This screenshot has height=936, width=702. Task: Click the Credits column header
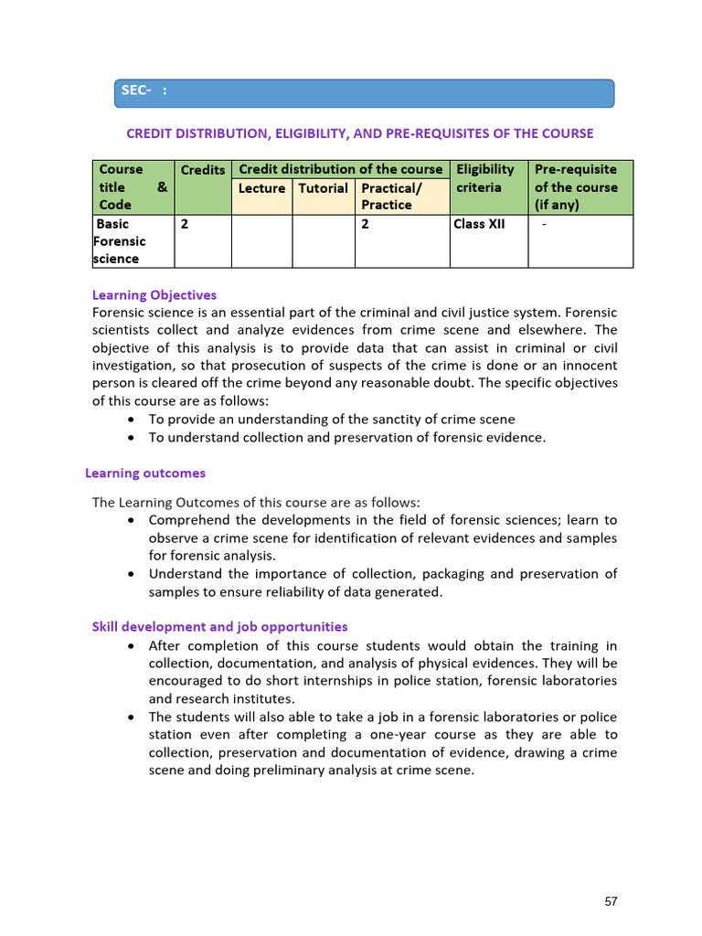pyautogui.click(x=203, y=170)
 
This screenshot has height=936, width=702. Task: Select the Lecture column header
pyautogui.click(x=261, y=188)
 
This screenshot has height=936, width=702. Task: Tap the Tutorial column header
pyautogui.click(x=324, y=188)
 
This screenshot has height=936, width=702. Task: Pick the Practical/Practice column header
pyautogui.click(x=391, y=197)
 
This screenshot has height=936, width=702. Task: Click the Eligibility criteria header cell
pyautogui.click(x=485, y=178)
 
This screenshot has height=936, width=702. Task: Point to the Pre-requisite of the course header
pyautogui.click(x=576, y=187)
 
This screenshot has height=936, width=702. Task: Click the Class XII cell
pyautogui.click(x=479, y=224)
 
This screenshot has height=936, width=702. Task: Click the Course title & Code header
pyautogui.click(x=131, y=187)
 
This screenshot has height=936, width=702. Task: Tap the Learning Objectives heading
pyautogui.click(x=154, y=295)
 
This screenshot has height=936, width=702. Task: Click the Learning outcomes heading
pyautogui.click(x=145, y=473)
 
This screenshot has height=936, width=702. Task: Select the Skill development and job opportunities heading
pyautogui.click(x=219, y=627)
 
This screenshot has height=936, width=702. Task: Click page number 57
pyautogui.click(x=612, y=901)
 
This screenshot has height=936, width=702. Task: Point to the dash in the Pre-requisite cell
pyautogui.click(x=545, y=224)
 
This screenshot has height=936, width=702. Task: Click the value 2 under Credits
pyautogui.click(x=185, y=224)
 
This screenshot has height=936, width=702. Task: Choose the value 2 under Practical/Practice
pyautogui.click(x=366, y=224)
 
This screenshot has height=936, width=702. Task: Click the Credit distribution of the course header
pyautogui.click(x=340, y=169)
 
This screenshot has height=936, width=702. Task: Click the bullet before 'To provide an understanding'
pyautogui.click(x=133, y=420)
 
